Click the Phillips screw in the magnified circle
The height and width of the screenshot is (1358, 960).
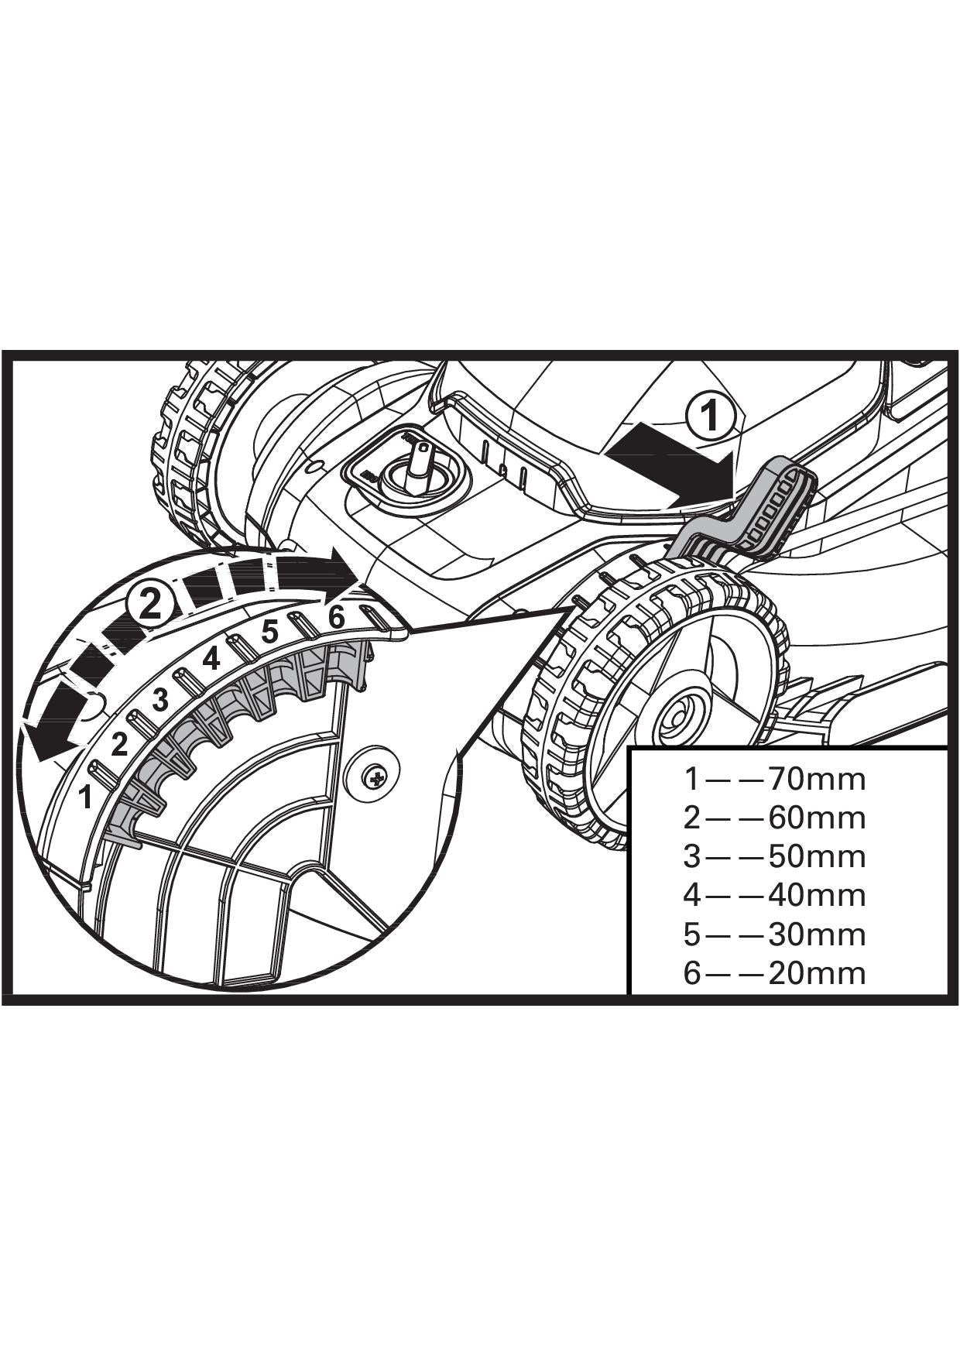point(376,777)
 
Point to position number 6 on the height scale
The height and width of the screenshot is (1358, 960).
point(336,617)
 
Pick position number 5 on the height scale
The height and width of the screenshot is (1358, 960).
point(269,632)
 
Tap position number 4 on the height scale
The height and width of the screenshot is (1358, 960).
point(211,659)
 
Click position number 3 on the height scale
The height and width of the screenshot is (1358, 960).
point(161,699)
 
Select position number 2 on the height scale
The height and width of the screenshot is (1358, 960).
point(119,744)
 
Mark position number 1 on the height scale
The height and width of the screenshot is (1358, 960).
point(87,796)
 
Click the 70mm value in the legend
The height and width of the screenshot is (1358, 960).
point(817,778)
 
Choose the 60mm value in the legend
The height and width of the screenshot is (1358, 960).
point(817,818)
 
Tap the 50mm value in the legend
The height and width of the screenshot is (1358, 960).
point(817,856)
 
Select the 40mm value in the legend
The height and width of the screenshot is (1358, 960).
point(817,895)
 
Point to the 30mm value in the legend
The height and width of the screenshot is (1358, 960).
point(817,934)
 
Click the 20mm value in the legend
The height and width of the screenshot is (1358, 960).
point(817,973)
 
